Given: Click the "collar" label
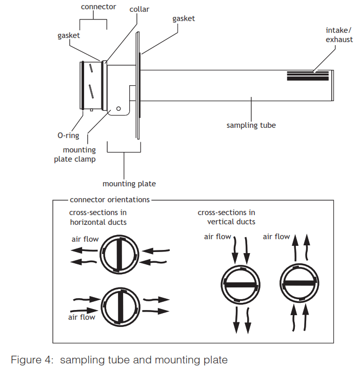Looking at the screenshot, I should tap(139, 9).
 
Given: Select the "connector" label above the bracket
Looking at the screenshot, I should tap(98, 7).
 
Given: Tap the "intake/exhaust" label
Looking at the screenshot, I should tap(339, 35).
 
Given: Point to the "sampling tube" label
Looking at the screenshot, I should tap(251, 125).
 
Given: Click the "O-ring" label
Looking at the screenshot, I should tap(68, 136).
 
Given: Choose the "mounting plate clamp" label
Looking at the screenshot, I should tap(75, 154).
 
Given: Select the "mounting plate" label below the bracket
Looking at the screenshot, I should tap(129, 183).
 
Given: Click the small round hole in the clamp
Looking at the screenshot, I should tap(118, 109).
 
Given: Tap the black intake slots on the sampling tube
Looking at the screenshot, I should tap(308, 76).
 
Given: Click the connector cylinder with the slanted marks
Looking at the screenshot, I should tap(92, 85).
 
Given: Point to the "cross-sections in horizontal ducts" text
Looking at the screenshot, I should tap(98, 217).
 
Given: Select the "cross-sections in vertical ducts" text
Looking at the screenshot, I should tap(226, 217).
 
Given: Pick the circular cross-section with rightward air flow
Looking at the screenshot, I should tap(119, 306).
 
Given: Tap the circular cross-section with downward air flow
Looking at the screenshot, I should tap(241, 284).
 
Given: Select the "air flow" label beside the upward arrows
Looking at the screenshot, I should tap(276, 237).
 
